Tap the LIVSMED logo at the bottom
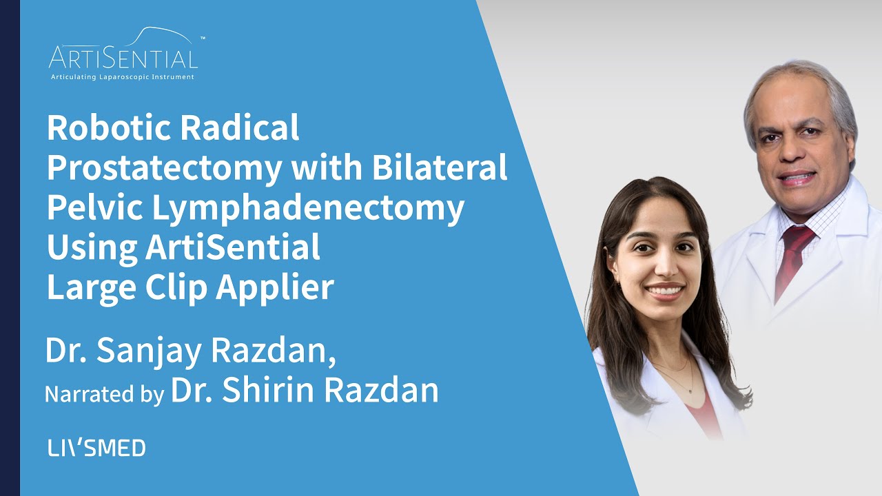[x=96, y=448]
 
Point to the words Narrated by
[x=104, y=393]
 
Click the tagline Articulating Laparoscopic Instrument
[x=123, y=77]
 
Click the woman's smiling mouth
[x=666, y=291]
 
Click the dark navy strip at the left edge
[x=10, y=248]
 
